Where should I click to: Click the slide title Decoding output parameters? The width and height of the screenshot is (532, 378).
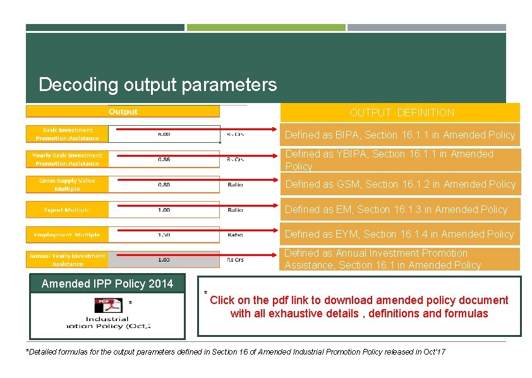tap(157, 85)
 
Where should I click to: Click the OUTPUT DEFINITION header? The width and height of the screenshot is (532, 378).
tap(402, 113)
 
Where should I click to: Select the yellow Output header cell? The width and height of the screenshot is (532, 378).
tap(123, 112)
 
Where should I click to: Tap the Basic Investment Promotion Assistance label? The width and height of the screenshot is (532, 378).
tap(67, 134)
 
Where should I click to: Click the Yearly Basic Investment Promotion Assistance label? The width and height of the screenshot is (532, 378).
tap(67, 159)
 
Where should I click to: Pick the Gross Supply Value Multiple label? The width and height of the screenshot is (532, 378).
tap(67, 185)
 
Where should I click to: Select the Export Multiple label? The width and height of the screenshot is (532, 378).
tap(67, 210)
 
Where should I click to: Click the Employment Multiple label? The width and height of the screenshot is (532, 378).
tap(67, 235)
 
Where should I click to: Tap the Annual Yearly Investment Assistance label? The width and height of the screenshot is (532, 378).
tap(67, 260)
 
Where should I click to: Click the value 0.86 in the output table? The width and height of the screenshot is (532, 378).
tap(164, 159)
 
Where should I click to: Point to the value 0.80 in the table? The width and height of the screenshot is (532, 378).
tap(164, 185)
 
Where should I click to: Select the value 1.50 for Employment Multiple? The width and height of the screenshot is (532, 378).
tap(164, 235)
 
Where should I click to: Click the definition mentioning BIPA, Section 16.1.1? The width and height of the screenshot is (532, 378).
tap(400, 135)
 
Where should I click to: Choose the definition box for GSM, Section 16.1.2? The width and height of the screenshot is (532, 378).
tap(400, 184)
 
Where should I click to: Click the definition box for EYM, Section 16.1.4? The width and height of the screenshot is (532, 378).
tap(400, 234)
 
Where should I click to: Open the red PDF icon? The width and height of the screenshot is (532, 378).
tap(108, 305)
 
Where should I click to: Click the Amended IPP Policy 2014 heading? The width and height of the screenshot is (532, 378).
tap(107, 283)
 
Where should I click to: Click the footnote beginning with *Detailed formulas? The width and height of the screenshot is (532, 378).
tap(235, 351)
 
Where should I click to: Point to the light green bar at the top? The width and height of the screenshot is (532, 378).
tap(266, 27)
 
